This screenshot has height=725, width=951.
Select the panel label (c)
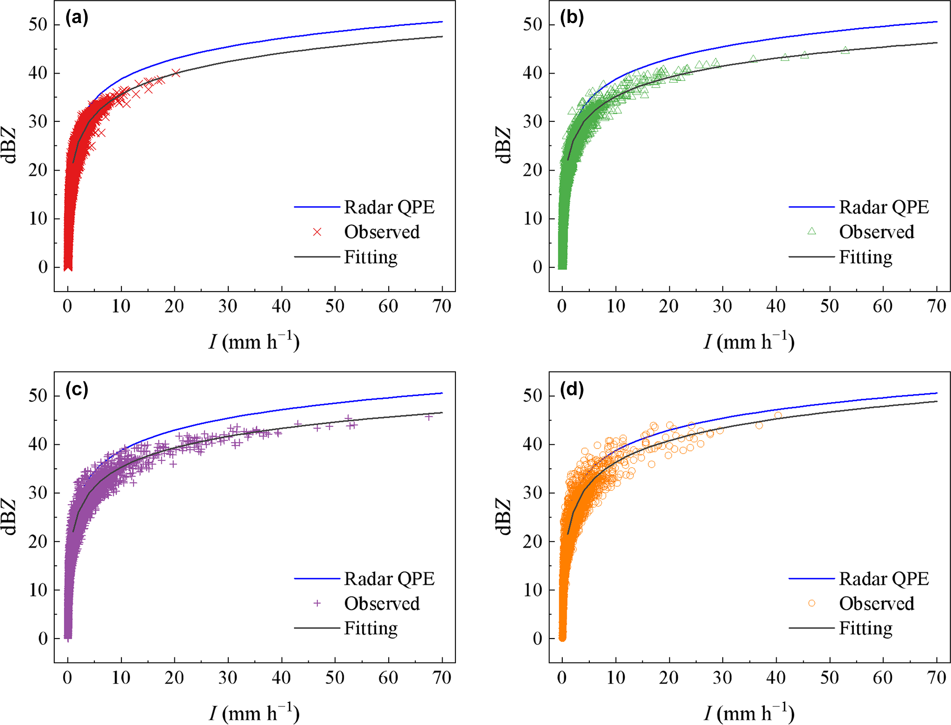pyautogui.click(x=76, y=389)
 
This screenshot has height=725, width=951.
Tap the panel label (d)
pyautogui.click(x=571, y=389)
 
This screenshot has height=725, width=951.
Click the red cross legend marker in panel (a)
pyautogui.click(x=317, y=232)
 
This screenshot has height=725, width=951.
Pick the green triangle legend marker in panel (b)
pyautogui.click(x=812, y=231)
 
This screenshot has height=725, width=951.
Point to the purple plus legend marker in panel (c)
pyautogui.click(x=317, y=603)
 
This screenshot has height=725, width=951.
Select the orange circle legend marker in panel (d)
pyautogui.click(x=812, y=603)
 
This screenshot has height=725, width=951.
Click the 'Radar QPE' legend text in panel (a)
pyautogui.click(x=389, y=207)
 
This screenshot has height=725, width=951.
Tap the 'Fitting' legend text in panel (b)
pyautogui.click(x=865, y=257)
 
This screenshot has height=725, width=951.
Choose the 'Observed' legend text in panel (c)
pyautogui.click(x=382, y=604)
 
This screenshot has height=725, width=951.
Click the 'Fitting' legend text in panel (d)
pyautogui.click(x=865, y=628)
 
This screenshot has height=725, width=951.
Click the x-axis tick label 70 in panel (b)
pyautogui.click(x=937, y=306)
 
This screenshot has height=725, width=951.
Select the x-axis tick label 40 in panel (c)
pyautogui.click(x=281, y=678)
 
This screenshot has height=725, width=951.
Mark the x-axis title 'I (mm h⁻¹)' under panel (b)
pyautogui.click(x=749, y=342)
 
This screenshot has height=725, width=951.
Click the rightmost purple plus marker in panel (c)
pyautogui.click(x=428, y=417)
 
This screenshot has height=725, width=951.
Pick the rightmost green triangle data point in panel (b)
pyautogui.click(x=845, y=51)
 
